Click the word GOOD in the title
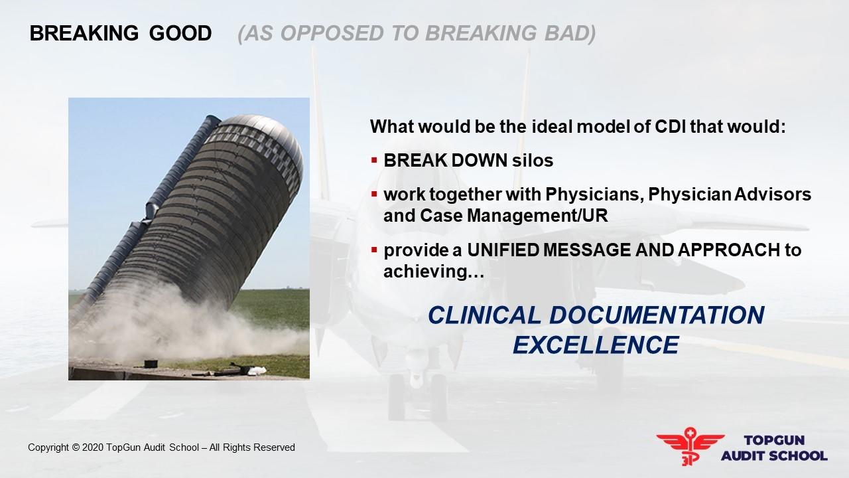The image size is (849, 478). pyautogui.click(x=180, y=33)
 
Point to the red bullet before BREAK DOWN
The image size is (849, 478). pyautogui.click(x=375, y=161)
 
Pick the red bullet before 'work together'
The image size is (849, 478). pyautogui.click(x=375, y=195)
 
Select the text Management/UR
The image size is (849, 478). pyautogui.click(x=537, y=216)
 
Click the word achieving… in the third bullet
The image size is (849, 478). pyautogui.click(x=434, y=272)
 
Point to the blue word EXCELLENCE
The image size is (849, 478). pyautogui.click(x=596, y=345)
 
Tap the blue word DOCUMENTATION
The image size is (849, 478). pyautogui.click(x=657, y=315)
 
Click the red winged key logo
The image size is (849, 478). pyautogui.click(x=690, y=445)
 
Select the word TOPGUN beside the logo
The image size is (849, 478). pyautogui.click(x=774, y=440)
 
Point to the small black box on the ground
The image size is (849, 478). pyautogui.click(x=151, y=363)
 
